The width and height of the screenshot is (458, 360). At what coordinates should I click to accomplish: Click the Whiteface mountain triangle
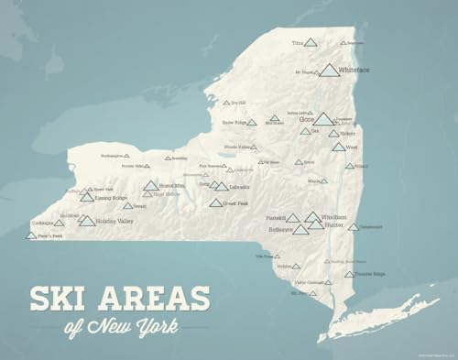point(329,71)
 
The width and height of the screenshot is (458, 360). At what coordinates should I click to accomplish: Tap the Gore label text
point(306,119)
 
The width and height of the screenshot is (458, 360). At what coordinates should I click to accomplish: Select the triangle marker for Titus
point(311,42)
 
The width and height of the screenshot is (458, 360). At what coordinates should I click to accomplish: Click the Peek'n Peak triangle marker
point(32,235)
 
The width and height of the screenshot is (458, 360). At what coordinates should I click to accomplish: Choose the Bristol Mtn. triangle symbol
point(150,186)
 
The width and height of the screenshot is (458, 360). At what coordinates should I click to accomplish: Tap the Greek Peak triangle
point(215,202)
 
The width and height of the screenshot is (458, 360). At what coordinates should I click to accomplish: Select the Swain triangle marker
point(127,206)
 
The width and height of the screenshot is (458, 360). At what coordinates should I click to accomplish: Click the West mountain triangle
point(339,147)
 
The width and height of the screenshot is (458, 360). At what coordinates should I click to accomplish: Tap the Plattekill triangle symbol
point(293,218)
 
